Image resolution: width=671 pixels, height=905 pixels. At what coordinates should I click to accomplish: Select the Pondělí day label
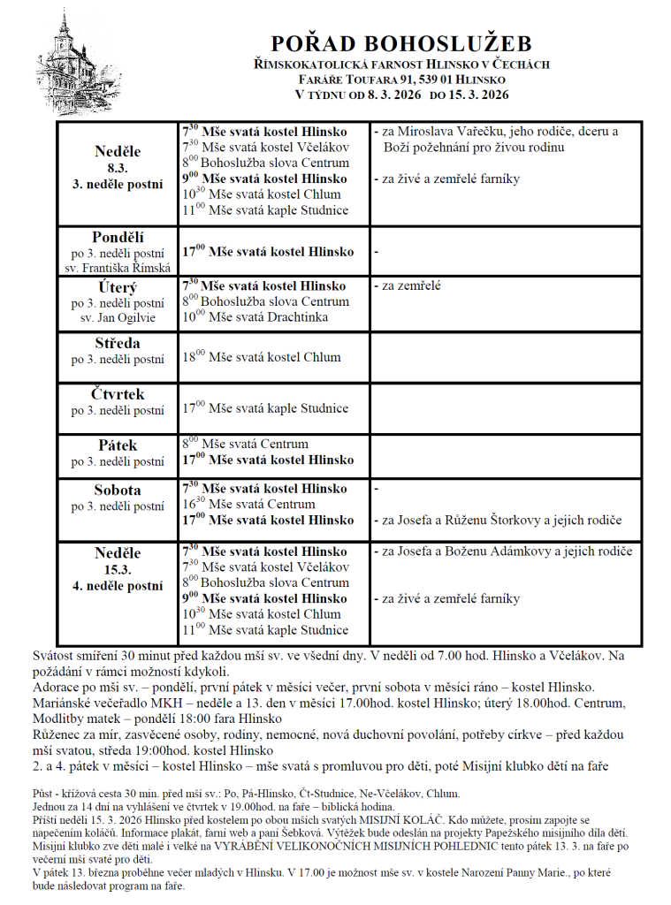tap(118, 237)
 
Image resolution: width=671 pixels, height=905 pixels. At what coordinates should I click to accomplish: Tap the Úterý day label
tap(118, 288)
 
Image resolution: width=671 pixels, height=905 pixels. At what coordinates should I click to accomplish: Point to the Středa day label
tap(118, 343)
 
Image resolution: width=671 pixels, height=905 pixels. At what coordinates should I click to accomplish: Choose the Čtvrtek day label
tap(118, 394)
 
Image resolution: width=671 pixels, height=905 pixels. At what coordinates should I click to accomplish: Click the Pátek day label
tap(118, 445)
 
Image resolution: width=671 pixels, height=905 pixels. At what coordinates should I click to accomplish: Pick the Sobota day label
tap(118, 491)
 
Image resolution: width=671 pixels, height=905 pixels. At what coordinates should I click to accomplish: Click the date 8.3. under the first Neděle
tap(118, 168)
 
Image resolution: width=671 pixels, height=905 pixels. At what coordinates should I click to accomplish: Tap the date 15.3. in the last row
tap(118, 570)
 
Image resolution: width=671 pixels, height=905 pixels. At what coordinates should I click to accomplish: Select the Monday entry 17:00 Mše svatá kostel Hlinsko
tap(268, 252)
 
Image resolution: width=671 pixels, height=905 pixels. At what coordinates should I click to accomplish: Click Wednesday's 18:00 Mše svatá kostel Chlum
tap(262, 357)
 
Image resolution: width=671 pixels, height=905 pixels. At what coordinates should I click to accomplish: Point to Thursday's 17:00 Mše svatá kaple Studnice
tap(265, 408)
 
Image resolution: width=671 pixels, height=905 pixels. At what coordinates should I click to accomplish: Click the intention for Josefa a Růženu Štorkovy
tap(501, 521)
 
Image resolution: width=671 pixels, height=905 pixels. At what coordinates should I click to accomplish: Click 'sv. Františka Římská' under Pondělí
tap(118, 267)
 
